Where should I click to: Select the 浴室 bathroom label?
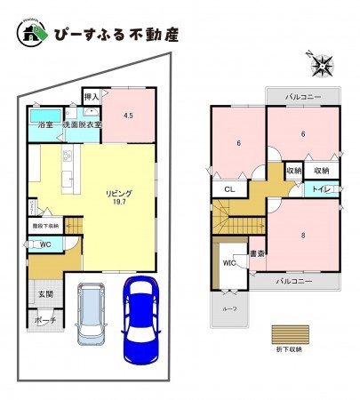[x=44, y=125]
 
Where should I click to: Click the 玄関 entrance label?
[x=44, y=294]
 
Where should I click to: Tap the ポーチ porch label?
[x=45, y=321]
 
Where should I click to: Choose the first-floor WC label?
[x=44, y=244]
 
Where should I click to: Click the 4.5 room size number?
[x=129, y=116]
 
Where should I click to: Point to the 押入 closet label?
[x=91, y=95]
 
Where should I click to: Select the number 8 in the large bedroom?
[x=303, y=236]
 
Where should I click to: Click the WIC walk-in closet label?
[x=228, y=262]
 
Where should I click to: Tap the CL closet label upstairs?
[x=228, y=189]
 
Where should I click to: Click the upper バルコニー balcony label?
[x=292, y=94]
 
